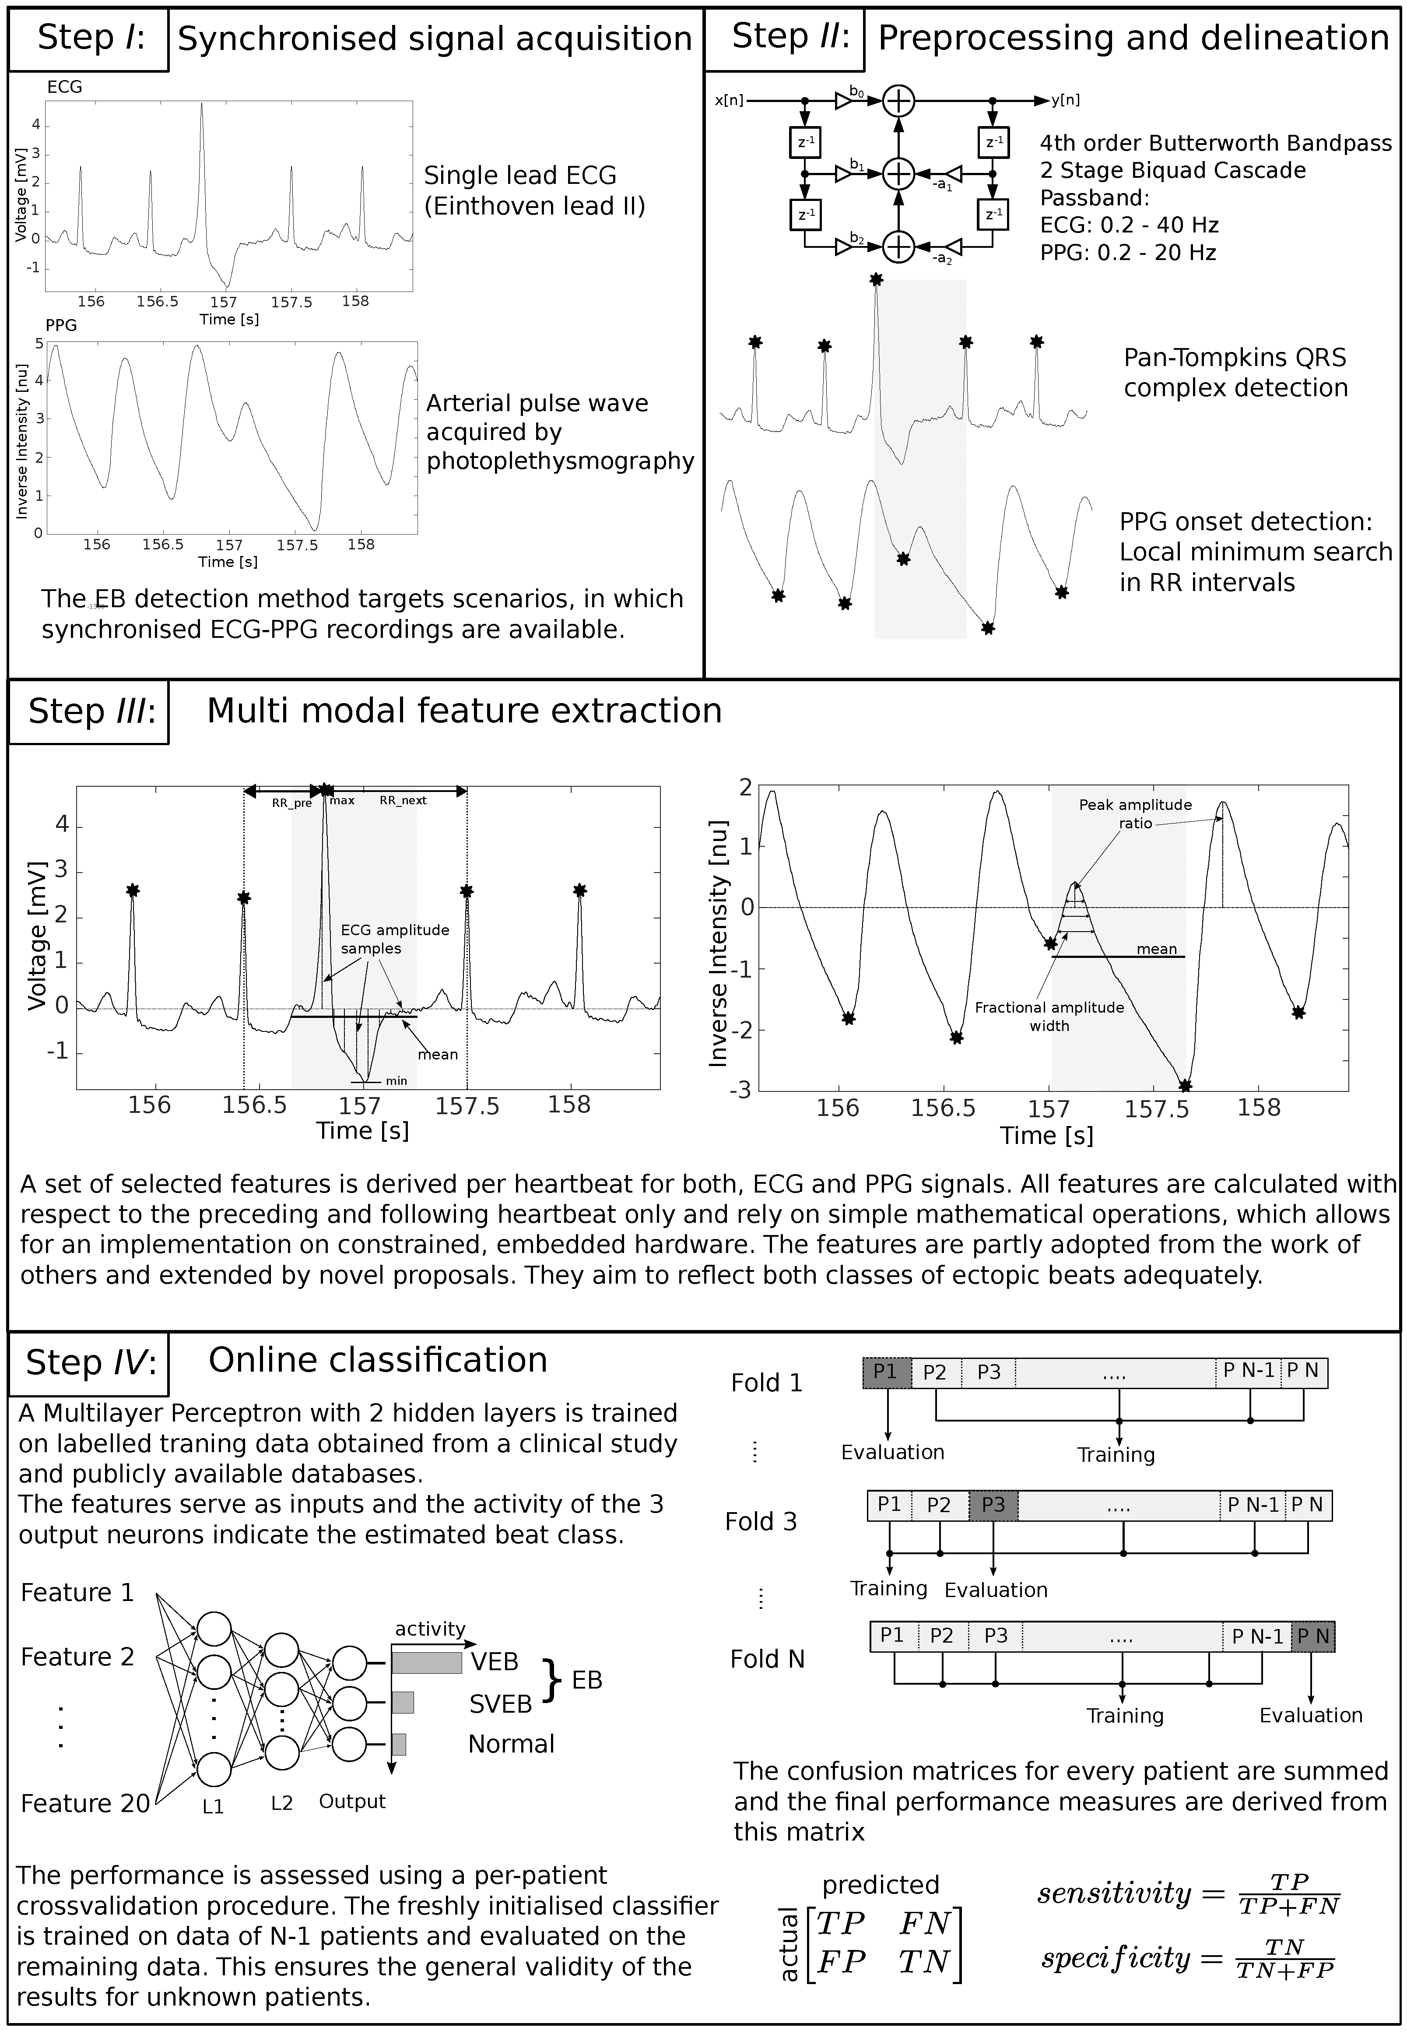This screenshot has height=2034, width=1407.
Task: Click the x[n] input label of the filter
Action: click(729, 101)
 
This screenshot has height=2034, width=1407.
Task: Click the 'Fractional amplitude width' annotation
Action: click(1049, 1016)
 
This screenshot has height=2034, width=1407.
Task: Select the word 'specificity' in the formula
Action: click(1115, 1959)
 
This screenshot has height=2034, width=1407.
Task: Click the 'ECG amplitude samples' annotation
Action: click(395, 939)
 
